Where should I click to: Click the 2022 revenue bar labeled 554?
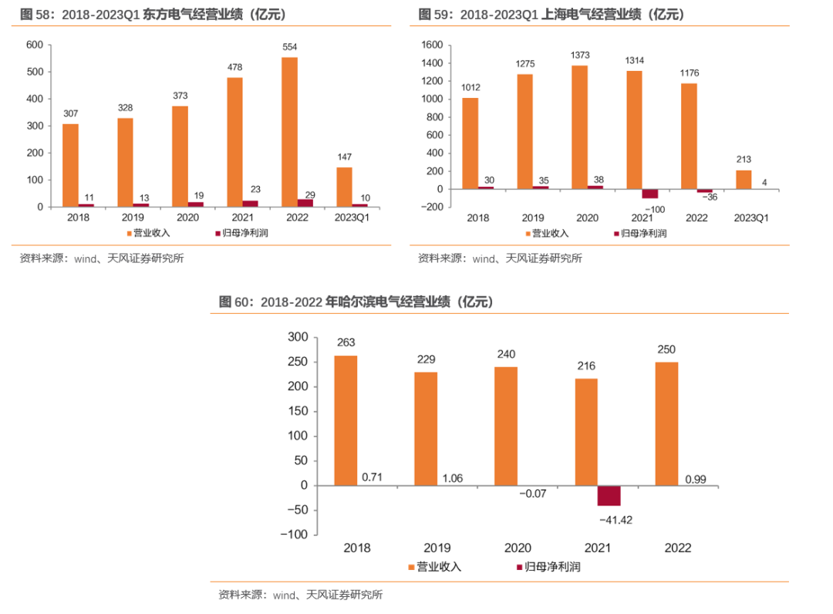(289, 132)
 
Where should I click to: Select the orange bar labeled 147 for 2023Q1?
(344, 187)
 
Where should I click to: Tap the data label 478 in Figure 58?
(234, 67)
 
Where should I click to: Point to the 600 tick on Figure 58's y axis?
(34, 45)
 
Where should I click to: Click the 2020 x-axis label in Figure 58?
(187, 218)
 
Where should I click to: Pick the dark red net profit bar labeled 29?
(305, 203)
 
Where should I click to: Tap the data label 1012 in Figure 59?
(470, 87)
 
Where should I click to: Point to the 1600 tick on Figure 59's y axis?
(430, 45)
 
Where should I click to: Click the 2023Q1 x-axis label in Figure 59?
(751, 218)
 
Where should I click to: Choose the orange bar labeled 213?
(744, 180)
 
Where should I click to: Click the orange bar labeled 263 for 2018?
(346, 420)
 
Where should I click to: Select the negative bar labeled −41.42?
(609, 495)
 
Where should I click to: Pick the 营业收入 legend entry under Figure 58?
(150, 232)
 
